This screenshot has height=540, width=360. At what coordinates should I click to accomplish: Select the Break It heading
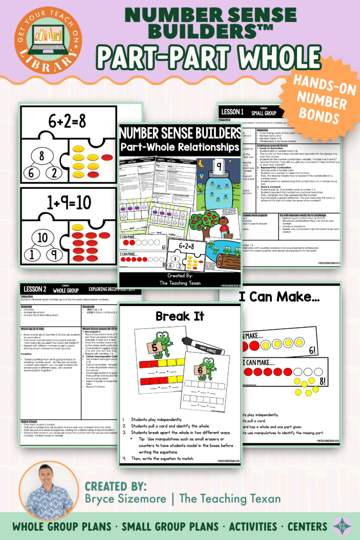180,316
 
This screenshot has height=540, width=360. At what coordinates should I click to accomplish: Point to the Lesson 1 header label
233,112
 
